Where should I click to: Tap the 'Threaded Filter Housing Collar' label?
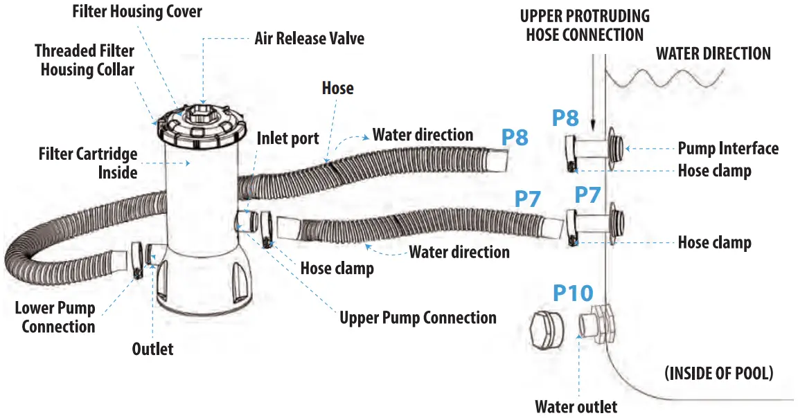[85, 60]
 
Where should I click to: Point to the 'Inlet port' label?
[287, 138]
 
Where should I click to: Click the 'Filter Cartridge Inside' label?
[87, 163]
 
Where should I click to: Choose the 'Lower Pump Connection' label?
[55, 317]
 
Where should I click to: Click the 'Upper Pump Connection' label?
[418, 318]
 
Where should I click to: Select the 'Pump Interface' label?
[727, 148]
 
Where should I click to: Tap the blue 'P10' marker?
[573, 293]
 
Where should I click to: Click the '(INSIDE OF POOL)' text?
[719, 374]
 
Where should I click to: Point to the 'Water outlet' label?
[576, 407]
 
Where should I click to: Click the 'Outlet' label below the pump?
[152, 349]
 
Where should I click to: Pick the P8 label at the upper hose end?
[515, 137]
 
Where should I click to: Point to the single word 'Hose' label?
[338, 89]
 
